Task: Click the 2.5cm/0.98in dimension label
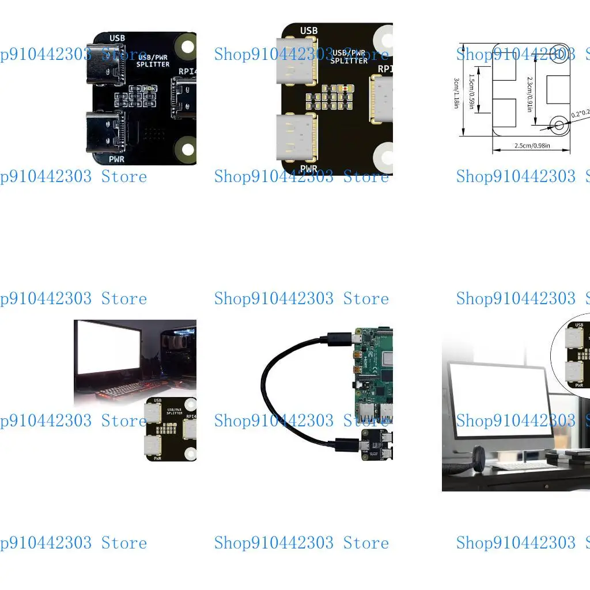pos(532,146)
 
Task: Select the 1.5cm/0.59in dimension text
pos(471,93)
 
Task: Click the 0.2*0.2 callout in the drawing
pos(579,114)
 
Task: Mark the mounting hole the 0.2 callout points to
pos(558,123)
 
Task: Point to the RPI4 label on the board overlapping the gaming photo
pos(191,416)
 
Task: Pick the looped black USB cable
pos(282,392)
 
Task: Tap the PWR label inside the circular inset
pos(579,384)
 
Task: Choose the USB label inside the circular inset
pos(579,325)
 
